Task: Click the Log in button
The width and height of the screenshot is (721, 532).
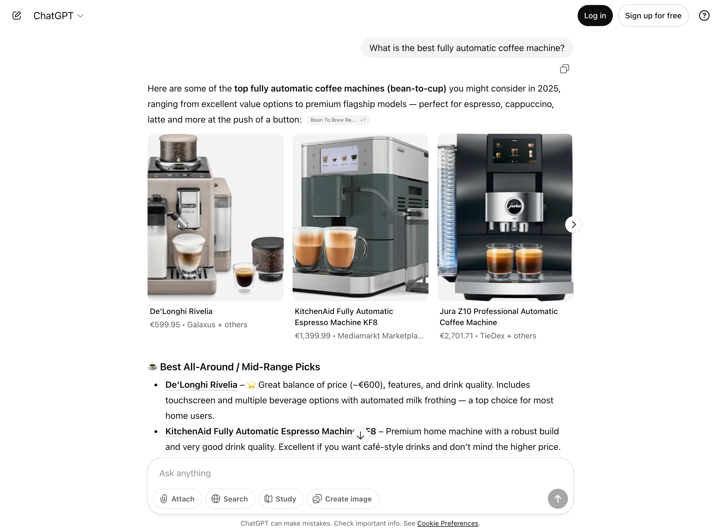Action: [x=595, y=16]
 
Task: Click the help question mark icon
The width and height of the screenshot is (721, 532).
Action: [x=704, y=16]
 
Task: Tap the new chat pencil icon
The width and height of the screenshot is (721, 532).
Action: [x=17, y=16]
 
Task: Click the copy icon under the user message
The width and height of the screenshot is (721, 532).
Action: [x=564, y=69]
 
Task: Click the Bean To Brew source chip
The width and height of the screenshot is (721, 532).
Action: [x=337, y=120]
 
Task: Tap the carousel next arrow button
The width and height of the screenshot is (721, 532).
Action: [x=573, y=224]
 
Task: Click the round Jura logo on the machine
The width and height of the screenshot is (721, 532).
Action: [x=514, y=206]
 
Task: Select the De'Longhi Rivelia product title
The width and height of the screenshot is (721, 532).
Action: [x=181, y=311]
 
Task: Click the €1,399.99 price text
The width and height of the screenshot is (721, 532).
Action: [x=312, y=336]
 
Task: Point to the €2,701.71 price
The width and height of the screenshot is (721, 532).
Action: [x=456, y=336]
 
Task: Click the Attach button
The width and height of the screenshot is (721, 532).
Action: [x=177, y=498]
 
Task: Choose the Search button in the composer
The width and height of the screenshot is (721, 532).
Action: [x=230, y=498]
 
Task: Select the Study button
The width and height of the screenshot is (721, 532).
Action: [x=280, y=498]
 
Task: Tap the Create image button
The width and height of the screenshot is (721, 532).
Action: [x=342, y=498]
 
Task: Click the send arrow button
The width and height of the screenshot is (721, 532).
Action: [x=557, y=498]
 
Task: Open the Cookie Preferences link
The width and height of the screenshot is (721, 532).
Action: [x=447, y=523]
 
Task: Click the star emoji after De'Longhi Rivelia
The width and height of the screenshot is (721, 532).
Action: [x=252, y=385]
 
